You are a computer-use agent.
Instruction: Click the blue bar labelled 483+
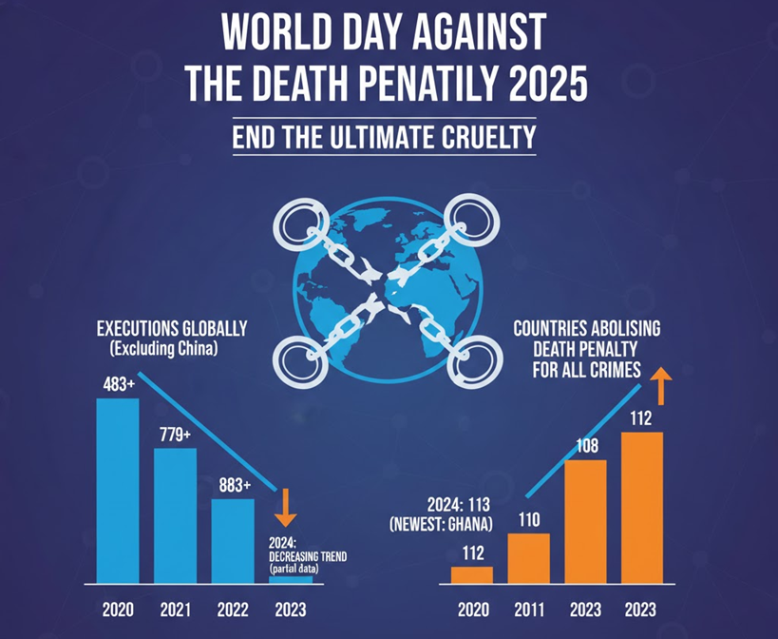click(118, 491)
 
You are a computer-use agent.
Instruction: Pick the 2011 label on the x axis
click(529, 610)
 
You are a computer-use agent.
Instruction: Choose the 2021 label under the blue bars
click(175, 610)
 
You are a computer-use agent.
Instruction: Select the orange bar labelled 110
click(529, 558)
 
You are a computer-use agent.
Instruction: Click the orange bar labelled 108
click(586, 521)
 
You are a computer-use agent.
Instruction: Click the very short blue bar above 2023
click(285, 579)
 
